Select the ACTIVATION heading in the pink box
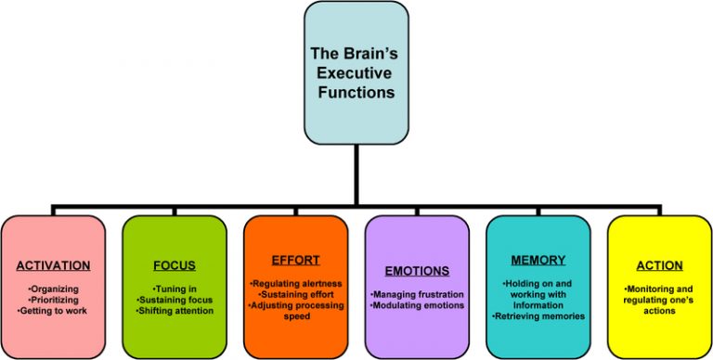[53, 266]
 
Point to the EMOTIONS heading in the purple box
[417, 271]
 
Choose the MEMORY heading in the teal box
[538, 261]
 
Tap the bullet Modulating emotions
[417, 304]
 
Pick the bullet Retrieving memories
[538, 315]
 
